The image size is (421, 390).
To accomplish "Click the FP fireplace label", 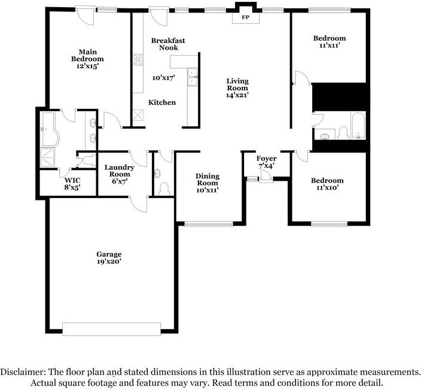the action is pos(245,17).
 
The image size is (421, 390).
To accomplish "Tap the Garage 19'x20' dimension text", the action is pos(109,261).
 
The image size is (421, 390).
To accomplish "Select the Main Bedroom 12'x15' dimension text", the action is pos(87,66).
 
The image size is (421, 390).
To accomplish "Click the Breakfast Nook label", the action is pos(168,44).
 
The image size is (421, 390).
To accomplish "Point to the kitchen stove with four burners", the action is pos(138,60).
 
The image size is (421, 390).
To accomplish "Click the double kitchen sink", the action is pos(192,77).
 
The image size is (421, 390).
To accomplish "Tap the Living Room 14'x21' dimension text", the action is pos(237,95).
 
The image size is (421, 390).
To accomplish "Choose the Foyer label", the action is pos(266,159).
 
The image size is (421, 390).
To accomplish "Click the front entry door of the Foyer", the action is pos(266,179).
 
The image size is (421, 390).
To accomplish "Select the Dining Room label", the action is pos(208,179).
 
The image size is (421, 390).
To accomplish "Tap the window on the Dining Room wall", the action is pos(209,224).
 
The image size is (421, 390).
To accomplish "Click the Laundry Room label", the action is pos(119,171).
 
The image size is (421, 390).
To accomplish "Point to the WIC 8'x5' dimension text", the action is pos(72,187).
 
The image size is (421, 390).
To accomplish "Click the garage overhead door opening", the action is pos(111,329).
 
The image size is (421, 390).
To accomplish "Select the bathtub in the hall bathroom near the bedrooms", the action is pos(358,126).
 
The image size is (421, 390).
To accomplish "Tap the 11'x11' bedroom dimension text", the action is pos(330,45).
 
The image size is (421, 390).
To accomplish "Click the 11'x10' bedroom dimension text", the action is pos(327,187).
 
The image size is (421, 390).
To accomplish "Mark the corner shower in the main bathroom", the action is pos(47,159).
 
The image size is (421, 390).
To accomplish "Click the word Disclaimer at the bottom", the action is pos(23,372).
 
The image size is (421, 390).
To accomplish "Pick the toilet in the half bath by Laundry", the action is pos(164,188).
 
